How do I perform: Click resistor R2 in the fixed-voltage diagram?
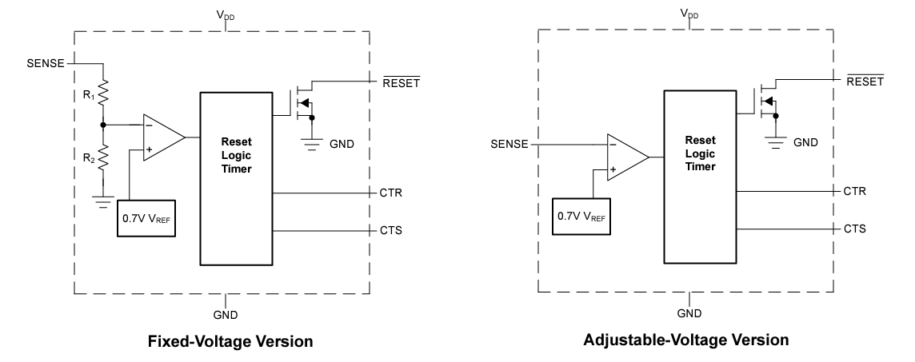coord(102,158)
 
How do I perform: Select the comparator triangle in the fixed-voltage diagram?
coord(162,137)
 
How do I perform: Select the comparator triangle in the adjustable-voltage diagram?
coord(626,157)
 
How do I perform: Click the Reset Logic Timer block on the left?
coord(236,177)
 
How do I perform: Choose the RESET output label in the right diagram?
coord(866,82)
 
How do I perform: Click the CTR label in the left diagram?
coord(390,193)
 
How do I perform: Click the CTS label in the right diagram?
coord(854,229)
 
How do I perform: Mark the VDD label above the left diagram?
coord(226,15)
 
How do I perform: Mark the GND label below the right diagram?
coord(689,314)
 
